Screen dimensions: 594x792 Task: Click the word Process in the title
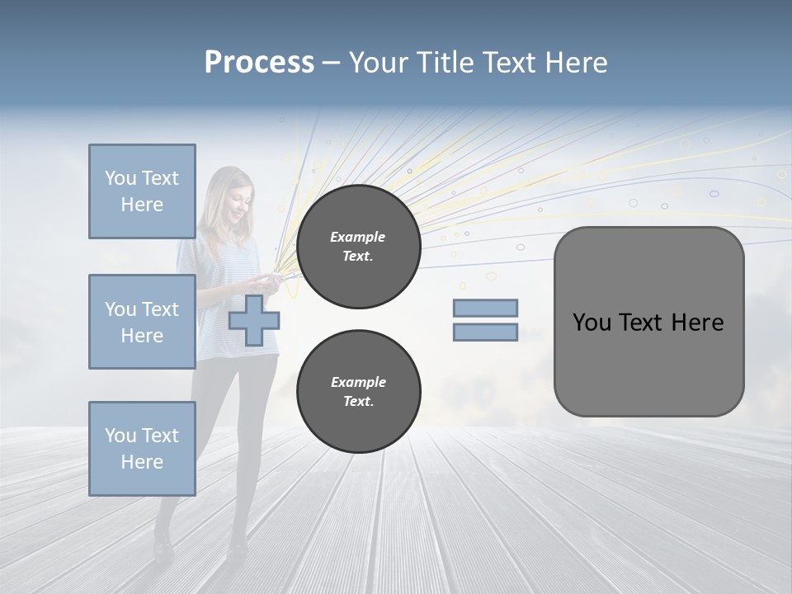tap(259, 63)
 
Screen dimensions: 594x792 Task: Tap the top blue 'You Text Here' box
tap(142, 191)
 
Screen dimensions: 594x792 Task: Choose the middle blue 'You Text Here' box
tap(142, 322)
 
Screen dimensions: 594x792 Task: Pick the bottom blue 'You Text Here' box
tap(142, 449)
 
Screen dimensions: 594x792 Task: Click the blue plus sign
tap(253, 320)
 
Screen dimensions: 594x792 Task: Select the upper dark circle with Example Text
tap(358, 247)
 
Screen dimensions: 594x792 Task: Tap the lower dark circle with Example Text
tap(358, 392)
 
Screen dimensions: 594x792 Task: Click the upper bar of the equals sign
tap(485, 308)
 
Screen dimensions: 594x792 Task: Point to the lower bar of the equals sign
tap(485, 332)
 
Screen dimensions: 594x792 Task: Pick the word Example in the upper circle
tap(358, 237)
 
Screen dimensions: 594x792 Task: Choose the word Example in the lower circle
tap(358, 382)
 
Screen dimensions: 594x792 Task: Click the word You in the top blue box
tap(120, 178)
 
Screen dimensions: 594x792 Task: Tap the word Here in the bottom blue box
tap(142, 462)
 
